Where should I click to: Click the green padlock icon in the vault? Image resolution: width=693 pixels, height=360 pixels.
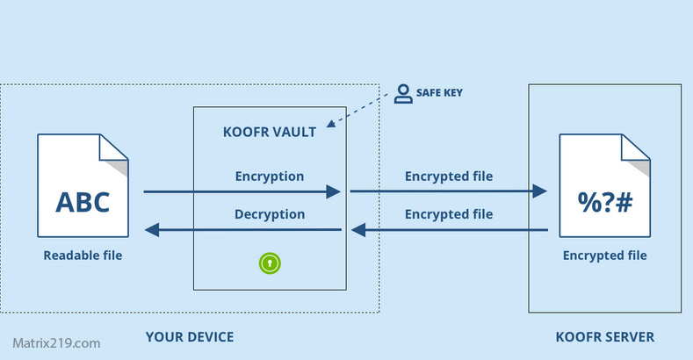(271, 262)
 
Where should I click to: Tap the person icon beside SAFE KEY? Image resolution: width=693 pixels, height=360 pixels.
(403, 94)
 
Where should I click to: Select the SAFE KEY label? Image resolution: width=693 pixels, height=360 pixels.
(439, 92)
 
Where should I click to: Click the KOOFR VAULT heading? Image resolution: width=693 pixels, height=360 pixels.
(270, 133)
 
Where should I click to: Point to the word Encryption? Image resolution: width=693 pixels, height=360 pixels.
(270, 176)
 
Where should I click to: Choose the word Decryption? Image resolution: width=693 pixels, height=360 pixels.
(270, 213)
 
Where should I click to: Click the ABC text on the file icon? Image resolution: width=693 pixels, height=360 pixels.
(83, 202)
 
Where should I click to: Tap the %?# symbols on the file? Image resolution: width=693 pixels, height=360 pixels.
(605, 202)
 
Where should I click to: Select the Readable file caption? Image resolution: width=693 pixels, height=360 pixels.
(83, 256)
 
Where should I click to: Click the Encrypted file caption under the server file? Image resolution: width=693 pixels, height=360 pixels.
(605, 256)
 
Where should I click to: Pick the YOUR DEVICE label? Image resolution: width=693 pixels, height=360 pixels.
(190, 337)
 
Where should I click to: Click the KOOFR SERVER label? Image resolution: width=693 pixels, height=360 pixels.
(605, 337)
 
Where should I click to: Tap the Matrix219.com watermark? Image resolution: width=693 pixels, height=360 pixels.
(56, 343)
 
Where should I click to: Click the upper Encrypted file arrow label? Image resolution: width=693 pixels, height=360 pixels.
(449, 176)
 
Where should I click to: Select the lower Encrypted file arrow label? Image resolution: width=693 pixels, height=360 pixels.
(449, 213)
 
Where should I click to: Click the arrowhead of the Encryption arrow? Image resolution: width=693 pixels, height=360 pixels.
(333, 191)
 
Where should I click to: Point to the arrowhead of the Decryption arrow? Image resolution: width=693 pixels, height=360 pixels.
(152, 230)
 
